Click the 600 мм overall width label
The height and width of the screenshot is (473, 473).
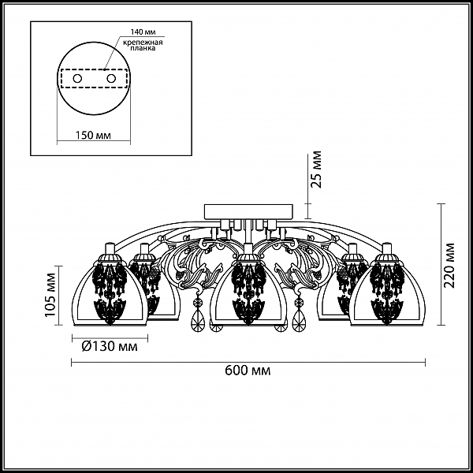pos(248,371)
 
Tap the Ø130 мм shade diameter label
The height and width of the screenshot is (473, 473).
pos(110,347)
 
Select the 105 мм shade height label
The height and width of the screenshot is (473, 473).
pos(50,295)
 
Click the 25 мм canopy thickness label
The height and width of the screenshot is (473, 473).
pos(316,169)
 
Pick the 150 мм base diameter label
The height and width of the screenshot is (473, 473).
pos(93,135)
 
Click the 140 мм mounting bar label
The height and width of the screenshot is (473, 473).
pos(143,32)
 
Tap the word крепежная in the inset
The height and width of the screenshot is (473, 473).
pos(143,43)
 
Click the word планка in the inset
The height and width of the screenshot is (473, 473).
pos(143,48)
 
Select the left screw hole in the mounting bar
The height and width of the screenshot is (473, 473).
pos(77,79)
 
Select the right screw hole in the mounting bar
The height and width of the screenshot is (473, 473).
pos(111,79)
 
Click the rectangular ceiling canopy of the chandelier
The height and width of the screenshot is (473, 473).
pos(248,212)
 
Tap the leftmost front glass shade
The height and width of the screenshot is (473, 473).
pos(110,293)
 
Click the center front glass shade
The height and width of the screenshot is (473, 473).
pos(248,293)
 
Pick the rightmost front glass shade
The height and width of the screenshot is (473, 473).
pos(387,293)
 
